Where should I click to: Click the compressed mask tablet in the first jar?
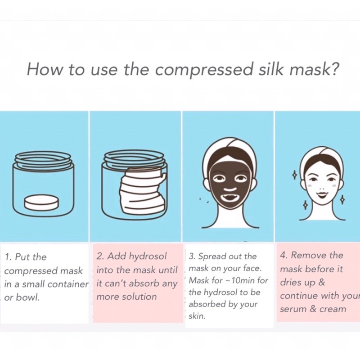[41, 202]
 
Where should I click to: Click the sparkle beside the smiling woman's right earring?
[342, 199]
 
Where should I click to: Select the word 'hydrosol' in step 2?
[148, 256]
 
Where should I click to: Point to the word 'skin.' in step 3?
[197, 316]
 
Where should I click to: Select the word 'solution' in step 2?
[139, 297]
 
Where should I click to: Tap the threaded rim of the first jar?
[43, 158]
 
